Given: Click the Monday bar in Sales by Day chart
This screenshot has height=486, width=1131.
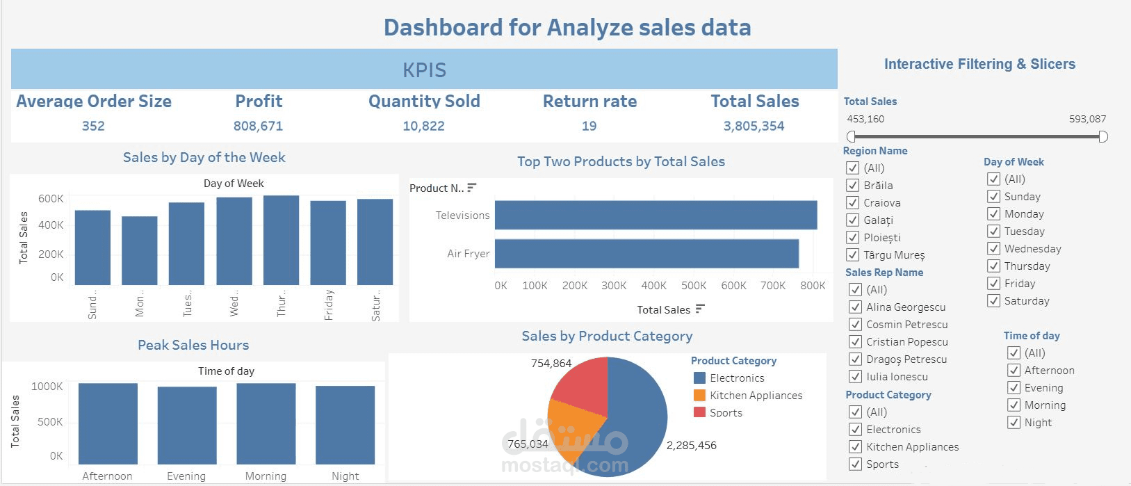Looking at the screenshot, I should pos(140,250).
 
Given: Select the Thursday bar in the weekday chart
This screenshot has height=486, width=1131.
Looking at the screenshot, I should pos(281,240).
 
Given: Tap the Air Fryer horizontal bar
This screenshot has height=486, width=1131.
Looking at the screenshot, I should pos(646,254).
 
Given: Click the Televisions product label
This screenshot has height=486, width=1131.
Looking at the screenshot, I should pos(462,216).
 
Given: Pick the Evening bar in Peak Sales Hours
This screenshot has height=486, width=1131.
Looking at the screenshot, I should pos(186,425).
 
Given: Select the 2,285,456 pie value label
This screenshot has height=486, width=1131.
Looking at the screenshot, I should pos(691,446).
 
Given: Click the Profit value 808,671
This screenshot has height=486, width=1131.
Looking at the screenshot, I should pos(258,127).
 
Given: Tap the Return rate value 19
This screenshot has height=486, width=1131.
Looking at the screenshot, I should pos(589,127).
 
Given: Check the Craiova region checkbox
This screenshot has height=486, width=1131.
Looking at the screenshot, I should pos(853,203).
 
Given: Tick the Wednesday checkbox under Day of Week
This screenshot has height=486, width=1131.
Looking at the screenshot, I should pos(993,249).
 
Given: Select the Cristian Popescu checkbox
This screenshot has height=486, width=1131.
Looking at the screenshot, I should pos(856,342).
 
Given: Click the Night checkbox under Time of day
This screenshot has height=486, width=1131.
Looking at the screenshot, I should pos(1014,423).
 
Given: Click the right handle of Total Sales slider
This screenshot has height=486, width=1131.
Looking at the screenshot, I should pos(1102,136).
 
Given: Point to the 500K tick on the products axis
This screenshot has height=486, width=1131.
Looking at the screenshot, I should pos(694,286).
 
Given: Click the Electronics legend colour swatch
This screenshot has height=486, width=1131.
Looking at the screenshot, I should pos(700,378).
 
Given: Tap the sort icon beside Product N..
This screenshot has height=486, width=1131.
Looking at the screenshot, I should pos(472,188).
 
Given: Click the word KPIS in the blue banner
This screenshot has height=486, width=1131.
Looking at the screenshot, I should pos(424,70).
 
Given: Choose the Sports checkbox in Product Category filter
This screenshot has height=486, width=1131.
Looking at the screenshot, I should pos(856,464).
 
